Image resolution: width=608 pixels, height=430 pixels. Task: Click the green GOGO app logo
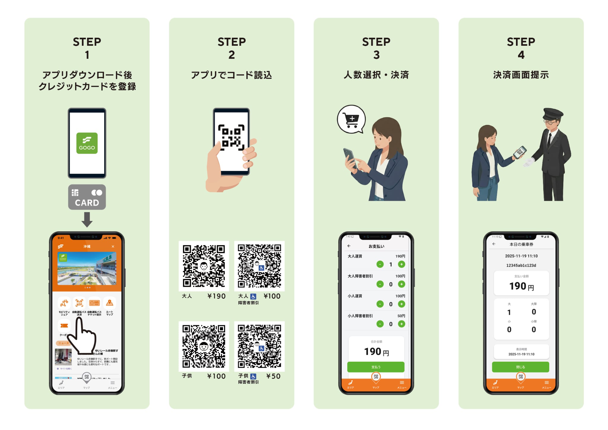point(87,143)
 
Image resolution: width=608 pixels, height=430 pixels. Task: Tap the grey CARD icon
point(87,197)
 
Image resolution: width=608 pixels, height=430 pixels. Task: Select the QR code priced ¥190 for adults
point(204,266)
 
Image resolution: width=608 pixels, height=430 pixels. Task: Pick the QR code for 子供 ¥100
point(204,346)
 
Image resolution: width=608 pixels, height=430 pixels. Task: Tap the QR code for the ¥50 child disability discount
point(259,346)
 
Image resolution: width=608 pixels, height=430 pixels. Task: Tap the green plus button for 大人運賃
point(401,264)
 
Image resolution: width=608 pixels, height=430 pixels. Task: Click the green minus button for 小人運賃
point(380,304)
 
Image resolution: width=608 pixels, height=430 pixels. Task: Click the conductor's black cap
point(553,114)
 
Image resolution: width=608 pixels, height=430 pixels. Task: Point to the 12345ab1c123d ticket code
point(521,265)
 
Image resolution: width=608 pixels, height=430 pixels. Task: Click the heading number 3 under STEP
point(376,55)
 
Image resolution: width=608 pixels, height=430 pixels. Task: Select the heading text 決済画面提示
point(521,75)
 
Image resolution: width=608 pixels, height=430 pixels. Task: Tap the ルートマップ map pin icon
point(110,303)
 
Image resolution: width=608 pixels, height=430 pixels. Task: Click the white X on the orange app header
point(113,246)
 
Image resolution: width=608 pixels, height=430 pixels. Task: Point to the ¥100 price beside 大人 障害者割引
point(272,296)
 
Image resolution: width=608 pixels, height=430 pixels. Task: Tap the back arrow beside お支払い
point(349,246)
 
